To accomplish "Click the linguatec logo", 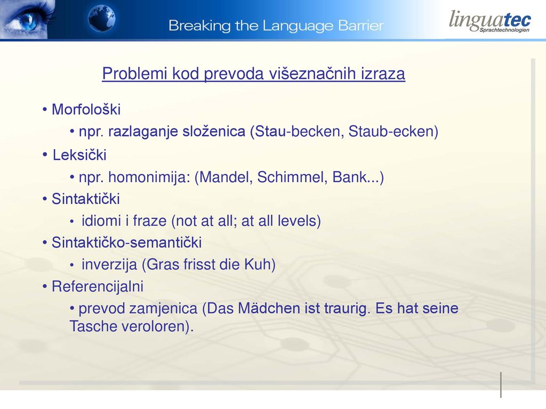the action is click(489, 21).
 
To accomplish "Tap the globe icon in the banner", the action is click(101, 19).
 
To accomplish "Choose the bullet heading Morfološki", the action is click(86, 109).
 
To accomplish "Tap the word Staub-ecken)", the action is click(393, 132).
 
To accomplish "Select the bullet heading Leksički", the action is click(79, 155).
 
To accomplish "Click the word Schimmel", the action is click(292, 177).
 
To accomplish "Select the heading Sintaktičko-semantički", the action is click(127, 242).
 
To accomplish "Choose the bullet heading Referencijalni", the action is click(98, 287).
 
